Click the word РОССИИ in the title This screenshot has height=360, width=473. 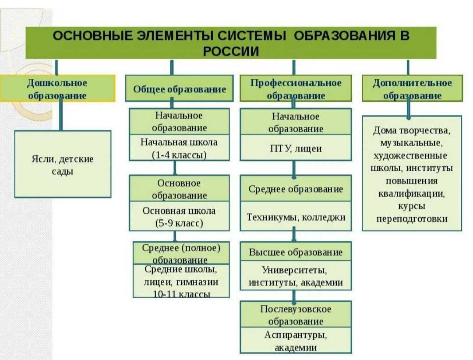tap(231, 51)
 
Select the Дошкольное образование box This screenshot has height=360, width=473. tap(57, 88)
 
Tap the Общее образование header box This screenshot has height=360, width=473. tap(180, 88)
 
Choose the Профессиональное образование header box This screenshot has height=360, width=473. tap(296, 88)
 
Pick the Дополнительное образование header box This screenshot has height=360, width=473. tap(412, 88)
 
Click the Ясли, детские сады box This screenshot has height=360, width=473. tap(63, 164)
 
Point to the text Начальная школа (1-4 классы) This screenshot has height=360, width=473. tap(179, 148)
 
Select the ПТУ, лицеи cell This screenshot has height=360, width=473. tap(296, 148)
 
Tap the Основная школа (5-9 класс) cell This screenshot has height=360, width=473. tap(179, 216)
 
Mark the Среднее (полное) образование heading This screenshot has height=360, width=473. tap(181, 253)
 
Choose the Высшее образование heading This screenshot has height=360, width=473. tap(296, 251)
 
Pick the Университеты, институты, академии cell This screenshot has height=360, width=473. tap(296, 275)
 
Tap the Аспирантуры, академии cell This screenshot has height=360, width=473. tap(296, 340)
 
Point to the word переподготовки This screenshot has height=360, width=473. tap(412, 219)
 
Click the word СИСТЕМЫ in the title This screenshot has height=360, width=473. tap(251, 35)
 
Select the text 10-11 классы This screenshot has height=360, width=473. tap(181, 294)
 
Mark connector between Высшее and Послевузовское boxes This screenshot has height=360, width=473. tap(294, 296)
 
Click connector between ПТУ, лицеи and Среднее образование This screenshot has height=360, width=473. tap(294, 168)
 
